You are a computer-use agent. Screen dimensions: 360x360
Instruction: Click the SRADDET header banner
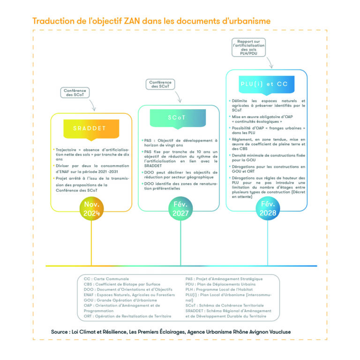(89, 128)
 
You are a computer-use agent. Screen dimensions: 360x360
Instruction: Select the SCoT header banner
(178, 118)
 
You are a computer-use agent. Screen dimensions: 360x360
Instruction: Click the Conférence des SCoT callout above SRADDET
(75, 92)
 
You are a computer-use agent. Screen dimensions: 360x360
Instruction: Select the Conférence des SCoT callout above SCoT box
(160, 84)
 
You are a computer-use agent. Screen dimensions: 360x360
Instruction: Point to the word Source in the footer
(62, 332)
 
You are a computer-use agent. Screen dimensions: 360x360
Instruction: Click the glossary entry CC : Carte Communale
(103, 279)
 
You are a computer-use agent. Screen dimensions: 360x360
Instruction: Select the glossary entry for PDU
(220, 284)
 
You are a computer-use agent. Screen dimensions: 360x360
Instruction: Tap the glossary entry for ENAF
(123, 295)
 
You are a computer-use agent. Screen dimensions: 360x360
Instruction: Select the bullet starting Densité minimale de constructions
(266, 157)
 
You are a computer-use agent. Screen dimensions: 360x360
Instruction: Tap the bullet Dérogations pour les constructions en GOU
(267, 169)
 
